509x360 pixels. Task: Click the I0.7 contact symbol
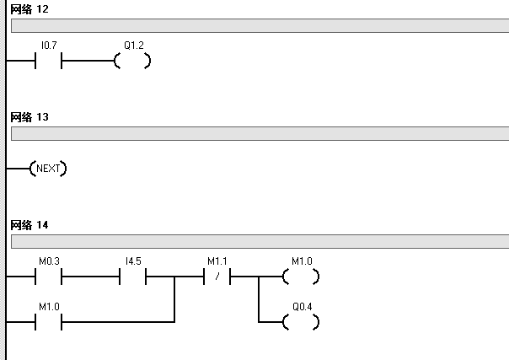coord(49,62)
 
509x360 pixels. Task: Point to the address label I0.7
coord(49,47)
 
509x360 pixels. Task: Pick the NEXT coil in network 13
coord(48,169)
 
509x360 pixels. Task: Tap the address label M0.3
coord(49,262)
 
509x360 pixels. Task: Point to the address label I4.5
coord(133,262)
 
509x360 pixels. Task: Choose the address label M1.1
coord(217,262)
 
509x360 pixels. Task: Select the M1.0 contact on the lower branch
coord(49,321)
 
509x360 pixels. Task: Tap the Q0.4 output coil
coord(301,321)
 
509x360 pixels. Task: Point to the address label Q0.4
coord(301,307)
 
